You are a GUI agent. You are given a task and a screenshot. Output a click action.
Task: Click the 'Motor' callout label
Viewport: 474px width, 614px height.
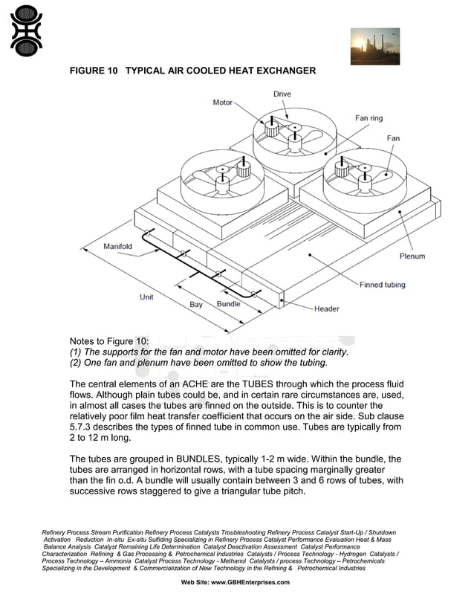223,103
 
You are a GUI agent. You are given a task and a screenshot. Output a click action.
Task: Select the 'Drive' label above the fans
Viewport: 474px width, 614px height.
282,94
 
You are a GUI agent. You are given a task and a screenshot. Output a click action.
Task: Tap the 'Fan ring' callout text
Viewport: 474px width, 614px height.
369,118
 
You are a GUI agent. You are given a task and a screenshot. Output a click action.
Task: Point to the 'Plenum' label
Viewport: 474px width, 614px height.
412,256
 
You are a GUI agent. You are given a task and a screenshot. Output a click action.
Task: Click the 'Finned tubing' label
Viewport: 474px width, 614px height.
383,285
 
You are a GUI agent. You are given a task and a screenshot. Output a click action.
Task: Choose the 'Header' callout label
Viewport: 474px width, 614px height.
327,309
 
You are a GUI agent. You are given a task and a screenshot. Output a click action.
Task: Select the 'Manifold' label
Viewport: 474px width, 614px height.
117,246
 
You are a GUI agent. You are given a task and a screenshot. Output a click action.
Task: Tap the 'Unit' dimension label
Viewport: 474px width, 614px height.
147,297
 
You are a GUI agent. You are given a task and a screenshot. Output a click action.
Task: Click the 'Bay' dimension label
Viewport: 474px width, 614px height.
196,305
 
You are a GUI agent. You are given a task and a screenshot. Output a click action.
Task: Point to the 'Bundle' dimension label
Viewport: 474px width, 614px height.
228,304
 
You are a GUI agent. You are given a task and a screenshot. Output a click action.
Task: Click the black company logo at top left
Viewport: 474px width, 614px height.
26,30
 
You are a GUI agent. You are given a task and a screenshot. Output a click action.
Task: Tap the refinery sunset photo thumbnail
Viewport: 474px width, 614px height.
374,46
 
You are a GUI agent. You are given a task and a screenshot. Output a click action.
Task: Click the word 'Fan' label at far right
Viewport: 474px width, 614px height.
393,138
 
